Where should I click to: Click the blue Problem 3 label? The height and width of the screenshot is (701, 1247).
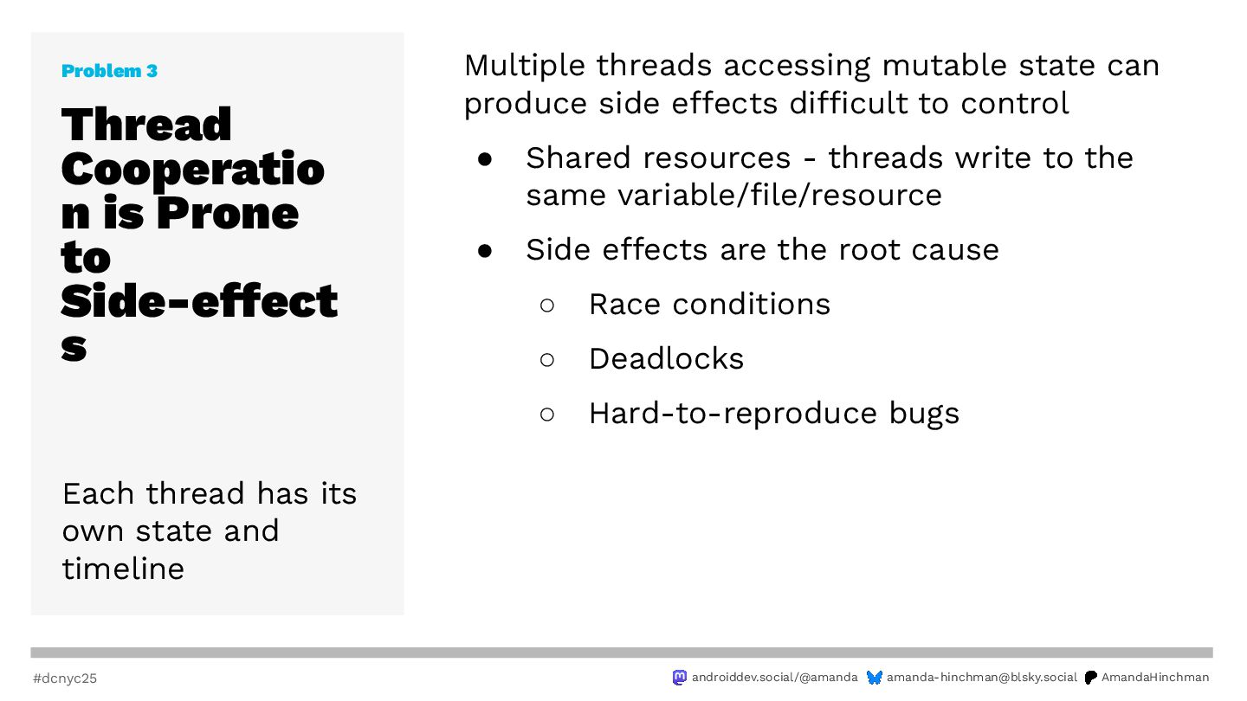[x=110, y=71]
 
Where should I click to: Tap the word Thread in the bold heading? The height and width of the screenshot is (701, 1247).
[x=146, y=124]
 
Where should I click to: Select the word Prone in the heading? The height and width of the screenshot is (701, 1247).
[x=228, y=213]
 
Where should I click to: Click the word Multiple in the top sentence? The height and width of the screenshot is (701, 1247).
[x=525, y=66]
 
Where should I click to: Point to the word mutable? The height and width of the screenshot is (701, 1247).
[x=945, y=65]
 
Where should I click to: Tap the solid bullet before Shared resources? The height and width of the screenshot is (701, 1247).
[x=485, y=159]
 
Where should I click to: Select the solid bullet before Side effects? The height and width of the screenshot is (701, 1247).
[x=485, y=251]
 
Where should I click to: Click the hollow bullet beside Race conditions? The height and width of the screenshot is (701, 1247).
[x=547, y=305]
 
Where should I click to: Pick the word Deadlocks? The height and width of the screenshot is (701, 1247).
[x=667, y=359]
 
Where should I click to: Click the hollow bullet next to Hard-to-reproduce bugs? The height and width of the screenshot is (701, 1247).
[x=547, y=414]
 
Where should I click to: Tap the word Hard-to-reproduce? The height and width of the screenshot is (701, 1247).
[x=733, y=414]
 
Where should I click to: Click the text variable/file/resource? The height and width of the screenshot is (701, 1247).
[x=779, y=196]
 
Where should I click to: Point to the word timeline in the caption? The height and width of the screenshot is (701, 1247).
[x=123, y=569]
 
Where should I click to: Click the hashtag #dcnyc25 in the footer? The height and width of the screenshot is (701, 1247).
[x=65, y=678]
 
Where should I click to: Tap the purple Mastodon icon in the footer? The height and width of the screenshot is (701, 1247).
[x=680, y=677]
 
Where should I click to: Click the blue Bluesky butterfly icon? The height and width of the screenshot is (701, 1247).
[x=875, y=677]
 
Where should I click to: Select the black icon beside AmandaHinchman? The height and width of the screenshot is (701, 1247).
[x=1091, y=677]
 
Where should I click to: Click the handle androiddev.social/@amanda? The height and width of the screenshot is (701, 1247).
[x=774, y=677]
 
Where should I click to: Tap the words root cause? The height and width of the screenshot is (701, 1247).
[x=919, y=250]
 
